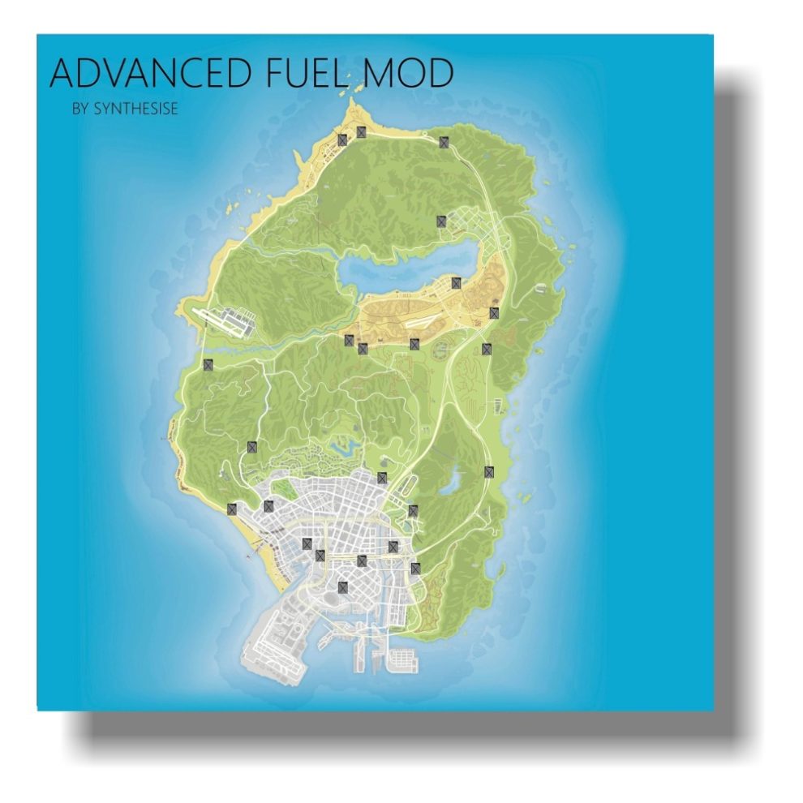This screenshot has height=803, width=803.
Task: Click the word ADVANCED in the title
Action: point(150,74)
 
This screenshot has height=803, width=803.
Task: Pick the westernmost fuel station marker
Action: point(208,365)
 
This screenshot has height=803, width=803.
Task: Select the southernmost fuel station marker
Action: point(343,587)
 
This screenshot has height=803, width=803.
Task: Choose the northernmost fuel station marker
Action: point(362,131)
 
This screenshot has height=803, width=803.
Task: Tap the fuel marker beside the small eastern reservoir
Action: point(489,471)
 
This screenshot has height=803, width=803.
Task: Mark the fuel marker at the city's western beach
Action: point(232,509)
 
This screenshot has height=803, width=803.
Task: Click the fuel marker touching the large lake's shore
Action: point(456,282)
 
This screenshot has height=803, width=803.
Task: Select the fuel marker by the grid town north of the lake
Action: point(441,221)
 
